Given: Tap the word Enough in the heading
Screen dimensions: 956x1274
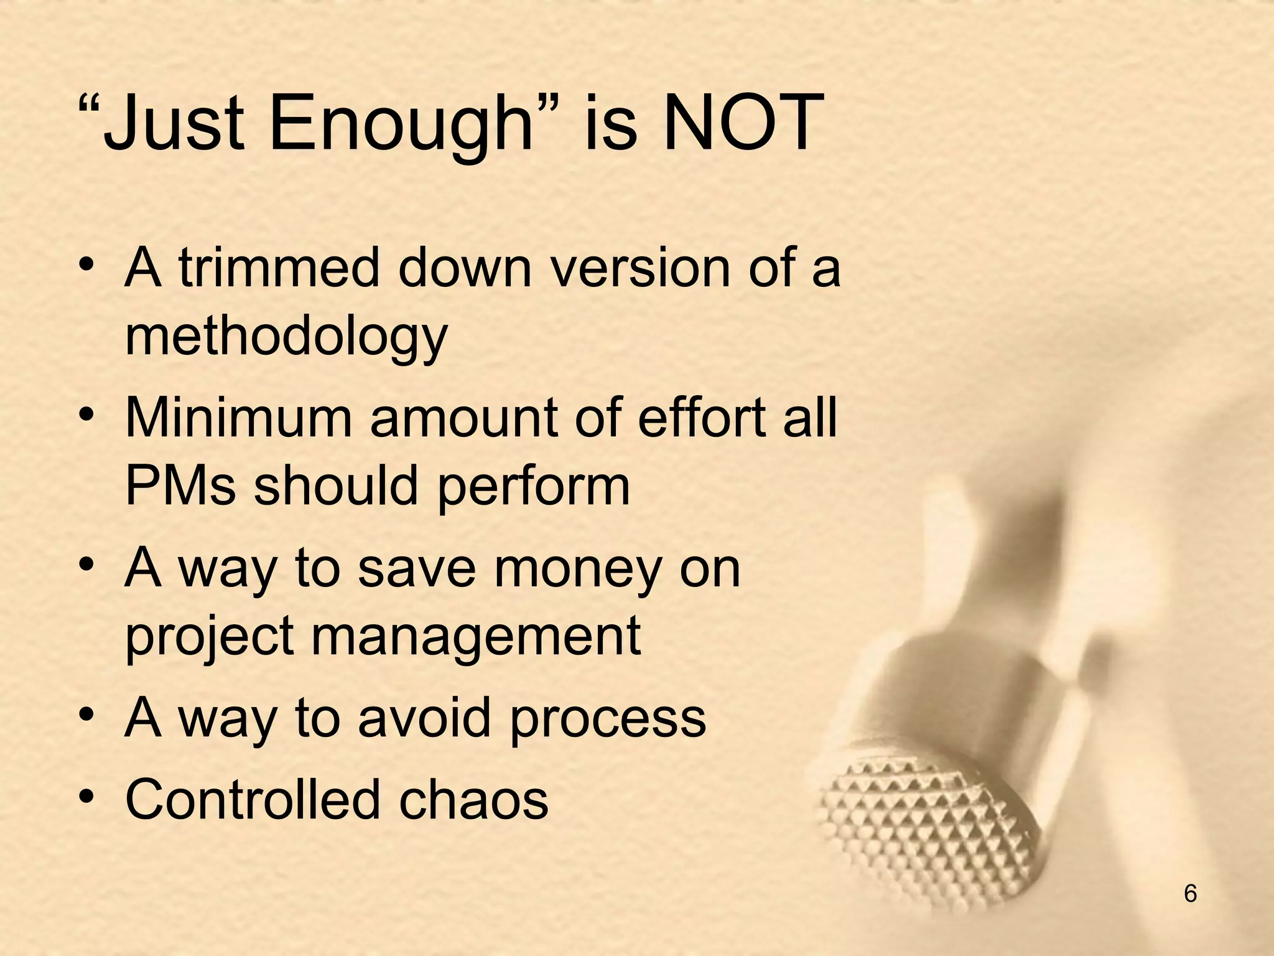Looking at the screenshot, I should tap(401, 124).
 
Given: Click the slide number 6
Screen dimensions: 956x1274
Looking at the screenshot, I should tap(1190, 894).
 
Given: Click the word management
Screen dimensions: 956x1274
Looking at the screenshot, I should tap(476, 638).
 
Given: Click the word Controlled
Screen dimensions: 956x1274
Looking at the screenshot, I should tap(252, 799).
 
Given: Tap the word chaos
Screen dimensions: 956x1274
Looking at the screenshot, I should tap(473, 799).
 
